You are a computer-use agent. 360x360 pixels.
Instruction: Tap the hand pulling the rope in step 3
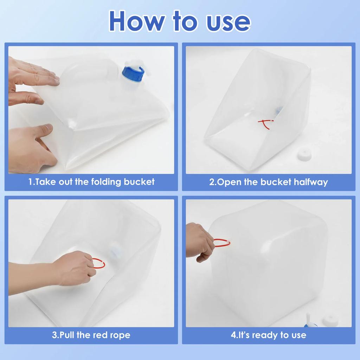tap(76, 269)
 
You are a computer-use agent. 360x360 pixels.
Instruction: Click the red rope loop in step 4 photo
tap(222, 243)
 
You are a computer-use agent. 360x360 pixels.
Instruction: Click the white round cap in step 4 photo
tap(330, 320)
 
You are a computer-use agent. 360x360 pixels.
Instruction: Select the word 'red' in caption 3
tap(101, 335)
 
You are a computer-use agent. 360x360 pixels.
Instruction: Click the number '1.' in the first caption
tap(31, 182)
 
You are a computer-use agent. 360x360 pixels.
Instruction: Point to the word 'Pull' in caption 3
tap(67, 335)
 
